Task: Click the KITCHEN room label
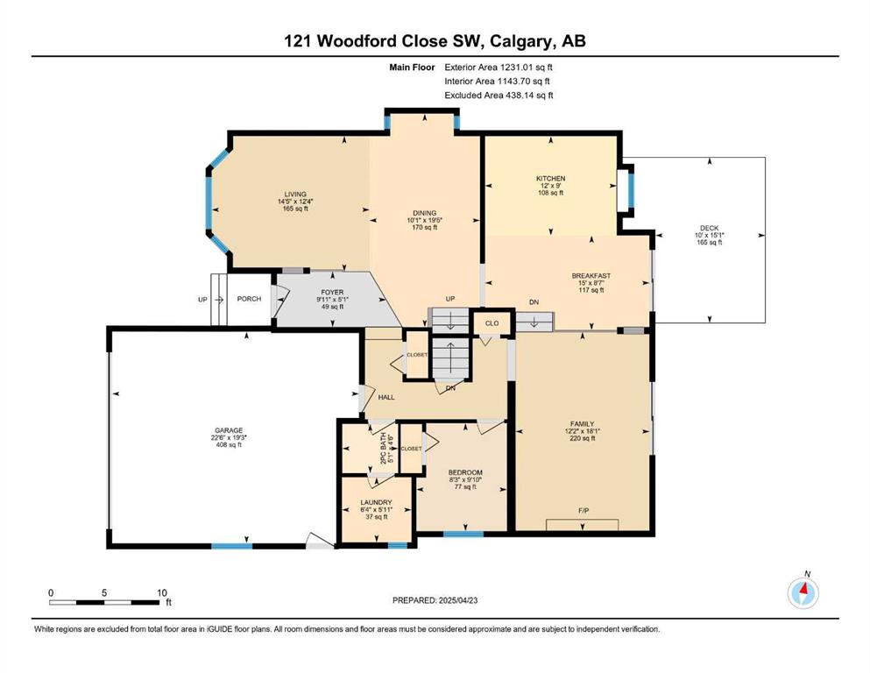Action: coord(550,179)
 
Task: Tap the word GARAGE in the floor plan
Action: coord(230,430)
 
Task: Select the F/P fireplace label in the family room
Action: coord(584,510)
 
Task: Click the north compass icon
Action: coord(803,592)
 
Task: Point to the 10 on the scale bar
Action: coord(161,592)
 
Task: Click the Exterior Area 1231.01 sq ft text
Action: coord(499,67)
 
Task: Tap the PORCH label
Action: coord(249,299)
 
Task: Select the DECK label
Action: coord(709,228)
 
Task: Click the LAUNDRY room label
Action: coord(376,503)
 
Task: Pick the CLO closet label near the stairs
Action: coord(492,323)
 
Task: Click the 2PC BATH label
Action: coord(383,449)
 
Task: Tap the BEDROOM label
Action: coord(465,472)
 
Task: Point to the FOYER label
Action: coord(332,293)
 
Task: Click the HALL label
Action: coord(386,397)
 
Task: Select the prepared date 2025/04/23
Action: coord(458,600)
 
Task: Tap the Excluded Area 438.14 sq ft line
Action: coord(499,96)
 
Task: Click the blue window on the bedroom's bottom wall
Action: coord(463,535)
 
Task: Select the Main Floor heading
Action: coord(413,67)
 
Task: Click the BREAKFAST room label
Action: coord(591,276)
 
